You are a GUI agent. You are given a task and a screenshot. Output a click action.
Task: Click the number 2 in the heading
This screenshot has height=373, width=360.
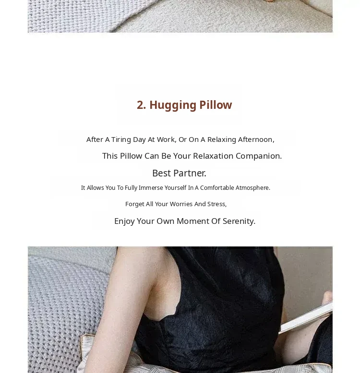[141, 105]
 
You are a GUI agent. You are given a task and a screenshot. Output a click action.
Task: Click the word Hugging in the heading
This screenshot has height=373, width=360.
[173, 105]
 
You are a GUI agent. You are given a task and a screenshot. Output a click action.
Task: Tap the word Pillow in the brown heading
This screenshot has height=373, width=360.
[216, 105]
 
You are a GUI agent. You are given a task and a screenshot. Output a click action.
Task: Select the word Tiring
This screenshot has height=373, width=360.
[121, 140]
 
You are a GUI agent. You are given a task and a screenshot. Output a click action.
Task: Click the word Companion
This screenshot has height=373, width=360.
[259, 156]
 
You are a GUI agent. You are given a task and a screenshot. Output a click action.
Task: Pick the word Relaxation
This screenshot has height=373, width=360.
[213, 156]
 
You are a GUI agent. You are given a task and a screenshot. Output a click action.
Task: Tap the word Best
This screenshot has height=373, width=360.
[162, 173]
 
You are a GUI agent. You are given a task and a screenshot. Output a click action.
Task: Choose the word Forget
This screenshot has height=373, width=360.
[135, 204]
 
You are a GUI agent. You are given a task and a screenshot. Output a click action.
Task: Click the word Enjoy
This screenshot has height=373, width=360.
[124, 221]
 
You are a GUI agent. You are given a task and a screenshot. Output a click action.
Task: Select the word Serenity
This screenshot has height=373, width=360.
[239, 221]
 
